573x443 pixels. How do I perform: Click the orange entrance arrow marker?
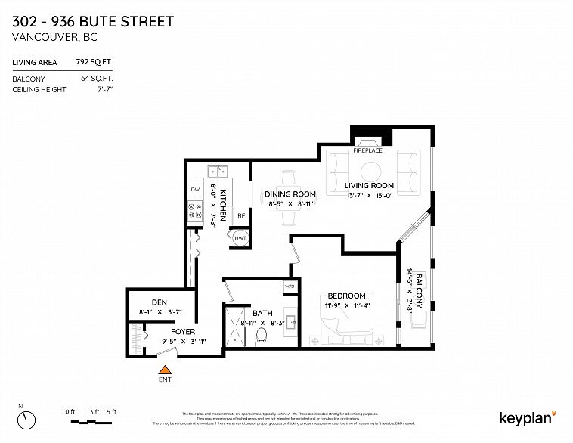(163, 369)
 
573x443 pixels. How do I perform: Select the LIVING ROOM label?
(370, 185)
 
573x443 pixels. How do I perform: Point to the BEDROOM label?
(346, 296)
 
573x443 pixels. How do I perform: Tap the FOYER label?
(183, 331)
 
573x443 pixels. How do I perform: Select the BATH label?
(262, 313)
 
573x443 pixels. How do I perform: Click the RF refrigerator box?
(241, 215)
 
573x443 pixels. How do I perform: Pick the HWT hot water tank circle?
(240, 239)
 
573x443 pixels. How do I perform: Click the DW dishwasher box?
(194, 189)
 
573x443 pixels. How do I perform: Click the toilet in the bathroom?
(262, 335)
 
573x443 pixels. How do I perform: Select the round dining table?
(286, 198)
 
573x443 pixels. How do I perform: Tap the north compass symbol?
(28, 417)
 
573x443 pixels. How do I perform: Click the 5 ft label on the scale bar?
(112, 410)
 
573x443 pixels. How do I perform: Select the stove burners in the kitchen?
(194, 210)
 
